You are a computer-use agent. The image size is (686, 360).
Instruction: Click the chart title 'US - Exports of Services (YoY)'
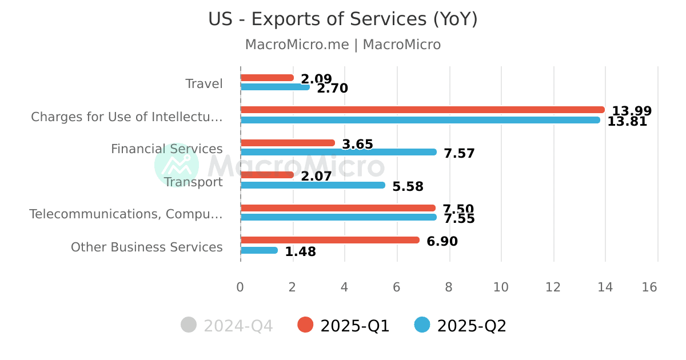tap(342, 19)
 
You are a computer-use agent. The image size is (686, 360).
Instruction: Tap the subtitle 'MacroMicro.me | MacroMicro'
tap(342, 45)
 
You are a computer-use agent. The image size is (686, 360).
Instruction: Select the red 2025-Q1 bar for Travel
tap(266, 78)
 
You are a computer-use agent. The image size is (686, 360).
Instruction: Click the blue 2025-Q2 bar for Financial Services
tap(338, 152)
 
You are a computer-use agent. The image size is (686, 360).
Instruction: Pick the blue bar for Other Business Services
tap(259, 250)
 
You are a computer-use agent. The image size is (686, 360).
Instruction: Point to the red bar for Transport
tap(266, 175)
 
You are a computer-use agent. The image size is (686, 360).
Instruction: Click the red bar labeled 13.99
tap(422, 110)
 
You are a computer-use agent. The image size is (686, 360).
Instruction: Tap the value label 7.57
tap(459, 154)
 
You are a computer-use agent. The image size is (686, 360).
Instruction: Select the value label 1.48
tap(300, 252)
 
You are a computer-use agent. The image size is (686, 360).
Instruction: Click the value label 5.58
tap(408, 187)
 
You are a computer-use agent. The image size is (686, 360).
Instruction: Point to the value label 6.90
tap(442, 242)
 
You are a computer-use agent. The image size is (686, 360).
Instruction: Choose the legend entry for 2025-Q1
tap(344, 326)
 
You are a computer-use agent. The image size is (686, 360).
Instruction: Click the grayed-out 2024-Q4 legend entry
tap(227, 326)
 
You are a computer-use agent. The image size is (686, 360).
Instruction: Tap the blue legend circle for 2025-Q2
tap(422, 325)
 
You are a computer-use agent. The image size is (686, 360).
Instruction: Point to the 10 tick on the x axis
tap(501, 287)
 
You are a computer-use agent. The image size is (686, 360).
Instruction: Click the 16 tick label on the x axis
tap(649, 287)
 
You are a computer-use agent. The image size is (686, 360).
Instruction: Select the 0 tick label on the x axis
tap(240, 287)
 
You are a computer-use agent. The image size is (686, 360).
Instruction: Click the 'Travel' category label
tap(204, 84)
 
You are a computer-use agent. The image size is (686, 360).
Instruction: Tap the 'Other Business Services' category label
tap(146, 247)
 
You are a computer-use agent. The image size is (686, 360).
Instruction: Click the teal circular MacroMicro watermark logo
tap(177, 165)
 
